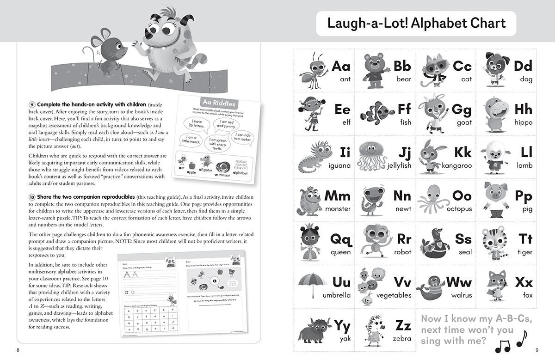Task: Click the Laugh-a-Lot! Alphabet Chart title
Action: (416, 23)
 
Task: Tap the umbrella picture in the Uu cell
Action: (313, 283)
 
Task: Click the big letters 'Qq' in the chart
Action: (340, 239)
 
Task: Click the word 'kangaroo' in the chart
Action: (456, 165)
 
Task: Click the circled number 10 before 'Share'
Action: (31, 197)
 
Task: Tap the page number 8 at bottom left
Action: (18, 349)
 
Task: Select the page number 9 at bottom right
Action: (537, 349)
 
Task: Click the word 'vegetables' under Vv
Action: (394, 295)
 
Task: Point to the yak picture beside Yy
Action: (314, 329)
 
